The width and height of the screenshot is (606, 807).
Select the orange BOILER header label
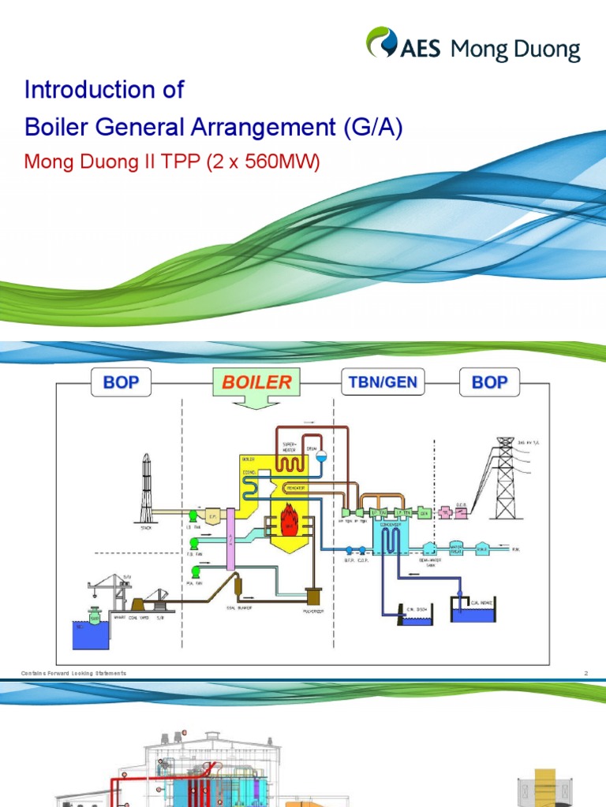click(256, 383)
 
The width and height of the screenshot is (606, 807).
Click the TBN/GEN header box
click(383, 384)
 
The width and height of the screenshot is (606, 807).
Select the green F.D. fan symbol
click(193, 543)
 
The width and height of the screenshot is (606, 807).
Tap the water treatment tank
click(428, 548)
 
